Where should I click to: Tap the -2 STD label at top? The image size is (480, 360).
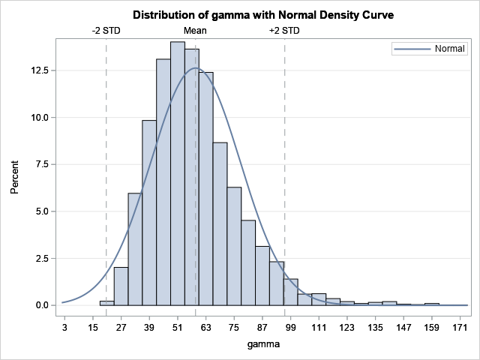point(106,31)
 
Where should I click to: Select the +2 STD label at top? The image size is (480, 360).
point(284,31)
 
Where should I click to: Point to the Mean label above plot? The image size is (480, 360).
point(195,31)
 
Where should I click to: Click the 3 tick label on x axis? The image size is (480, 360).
point(64,328)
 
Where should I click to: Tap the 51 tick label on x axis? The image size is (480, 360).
point(178,328)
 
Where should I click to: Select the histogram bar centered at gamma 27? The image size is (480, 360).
point(135,251)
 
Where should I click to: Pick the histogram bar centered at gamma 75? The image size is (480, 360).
point(234,247)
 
